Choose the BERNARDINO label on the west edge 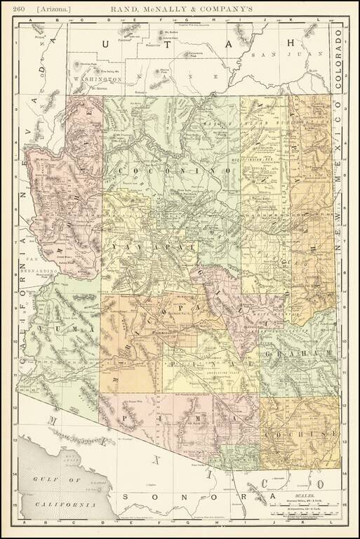[x=39, y=271]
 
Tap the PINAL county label [x=189, y=365]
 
